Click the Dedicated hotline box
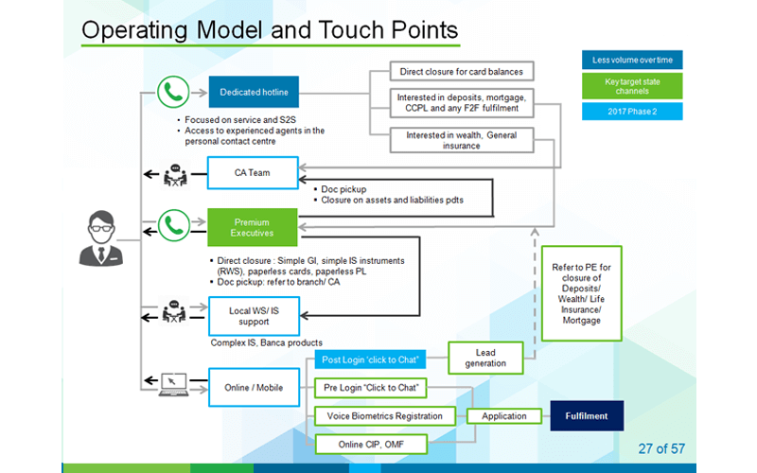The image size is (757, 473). tap(254, 93)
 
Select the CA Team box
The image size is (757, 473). tap(254, 173)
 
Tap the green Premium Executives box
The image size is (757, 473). tap(254, 227)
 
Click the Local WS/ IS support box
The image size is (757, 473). tap(254, 315)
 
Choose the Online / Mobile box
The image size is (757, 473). tap(254, 387)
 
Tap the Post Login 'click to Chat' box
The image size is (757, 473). tap(370, 359)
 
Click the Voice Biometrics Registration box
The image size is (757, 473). tap(385, 415)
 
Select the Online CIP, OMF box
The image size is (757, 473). tap(370, 443)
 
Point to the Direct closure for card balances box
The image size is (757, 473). tap(461, 71)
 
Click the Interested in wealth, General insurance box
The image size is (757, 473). tap(461, 141)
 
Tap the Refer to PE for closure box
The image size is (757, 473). tap(581, 292)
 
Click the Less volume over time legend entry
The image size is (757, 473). tap(632, 61)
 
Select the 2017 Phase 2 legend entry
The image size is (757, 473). tap(632, 112)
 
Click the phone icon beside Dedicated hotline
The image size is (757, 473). tap(170, 93)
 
